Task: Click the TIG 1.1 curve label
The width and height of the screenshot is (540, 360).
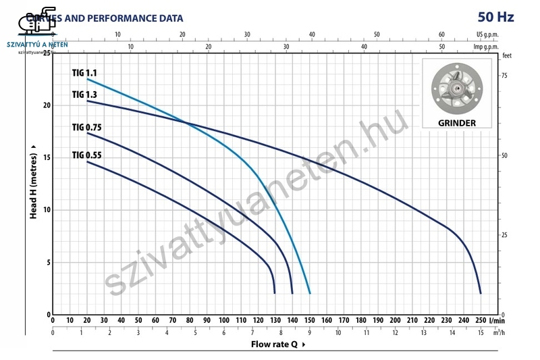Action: click(x=84, y=72)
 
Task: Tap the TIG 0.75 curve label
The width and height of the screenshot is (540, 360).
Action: click(x=87, y=127)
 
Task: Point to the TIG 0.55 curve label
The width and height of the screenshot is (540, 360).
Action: click(x=87, y=155)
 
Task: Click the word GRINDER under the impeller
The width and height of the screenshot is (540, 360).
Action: click(x=457, y=123)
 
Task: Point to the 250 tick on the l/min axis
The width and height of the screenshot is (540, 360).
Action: click(x=481, y=320)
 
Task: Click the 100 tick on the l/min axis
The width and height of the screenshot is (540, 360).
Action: click(x=224, y=320)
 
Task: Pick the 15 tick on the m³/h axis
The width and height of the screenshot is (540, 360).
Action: click(x=481, y=332)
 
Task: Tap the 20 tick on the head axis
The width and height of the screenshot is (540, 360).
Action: click(x=47, y=105)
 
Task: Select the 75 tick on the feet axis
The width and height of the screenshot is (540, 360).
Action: click(x=504, y=76)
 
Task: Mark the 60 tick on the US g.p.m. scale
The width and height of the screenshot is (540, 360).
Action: click(x=442, y=34)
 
